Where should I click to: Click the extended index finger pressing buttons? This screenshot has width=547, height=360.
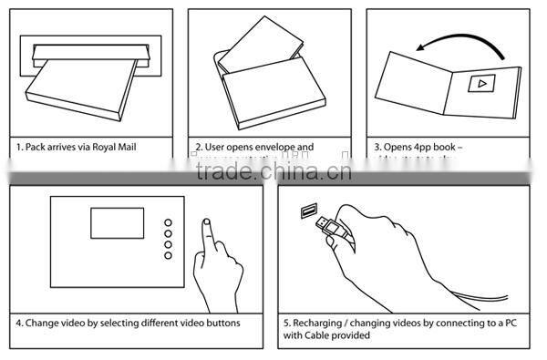pyautogui.click(x=208, y=235)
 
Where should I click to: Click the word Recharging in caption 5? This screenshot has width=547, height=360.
pyautogui.click(x=322, y=323)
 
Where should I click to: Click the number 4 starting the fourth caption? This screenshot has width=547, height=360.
pyautogui.click(x=18, y=323)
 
